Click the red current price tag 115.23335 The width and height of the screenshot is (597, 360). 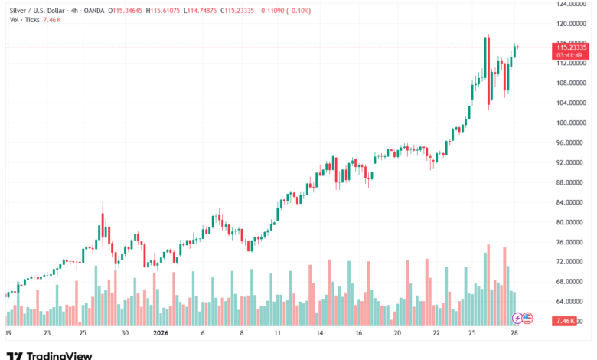(571, 47)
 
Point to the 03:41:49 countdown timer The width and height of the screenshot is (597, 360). (571, 55)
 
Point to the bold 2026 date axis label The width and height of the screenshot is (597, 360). (161, 334)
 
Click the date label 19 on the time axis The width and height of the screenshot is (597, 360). (8, 334)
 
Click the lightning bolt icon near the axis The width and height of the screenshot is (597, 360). (517, 317)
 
